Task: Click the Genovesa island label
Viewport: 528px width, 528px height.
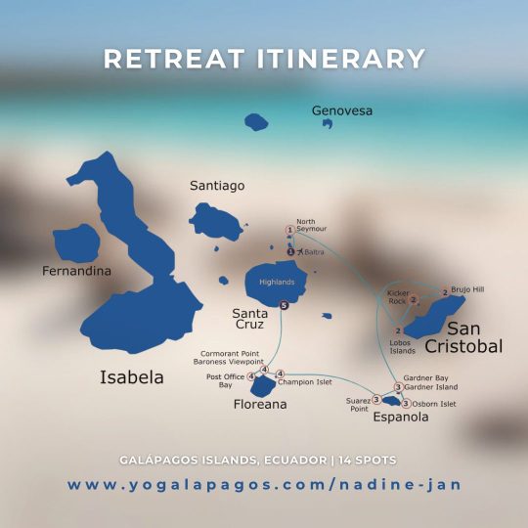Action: (x=342, y=110)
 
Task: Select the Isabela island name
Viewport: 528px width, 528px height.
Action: (x=132, y=377)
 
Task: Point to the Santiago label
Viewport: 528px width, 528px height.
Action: (x=216, y=185)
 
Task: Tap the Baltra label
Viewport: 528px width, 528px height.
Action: (x=313, y=252)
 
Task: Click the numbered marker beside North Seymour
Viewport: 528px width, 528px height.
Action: (x=289, y=230)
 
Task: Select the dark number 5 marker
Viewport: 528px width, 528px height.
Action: (x=284, y=305)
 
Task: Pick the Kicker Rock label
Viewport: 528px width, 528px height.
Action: (x=397, y=296)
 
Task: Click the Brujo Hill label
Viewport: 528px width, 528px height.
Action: (x=466, y=289)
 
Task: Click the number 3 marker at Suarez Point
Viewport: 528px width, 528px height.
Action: (x=376, y=398)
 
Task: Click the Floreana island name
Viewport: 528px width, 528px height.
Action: (x=259, y=403)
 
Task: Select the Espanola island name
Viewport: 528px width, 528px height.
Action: (x=401, y=418)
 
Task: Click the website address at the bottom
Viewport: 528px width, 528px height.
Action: (x=264, y=485)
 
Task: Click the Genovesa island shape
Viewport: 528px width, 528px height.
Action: (x=255, y=122)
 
